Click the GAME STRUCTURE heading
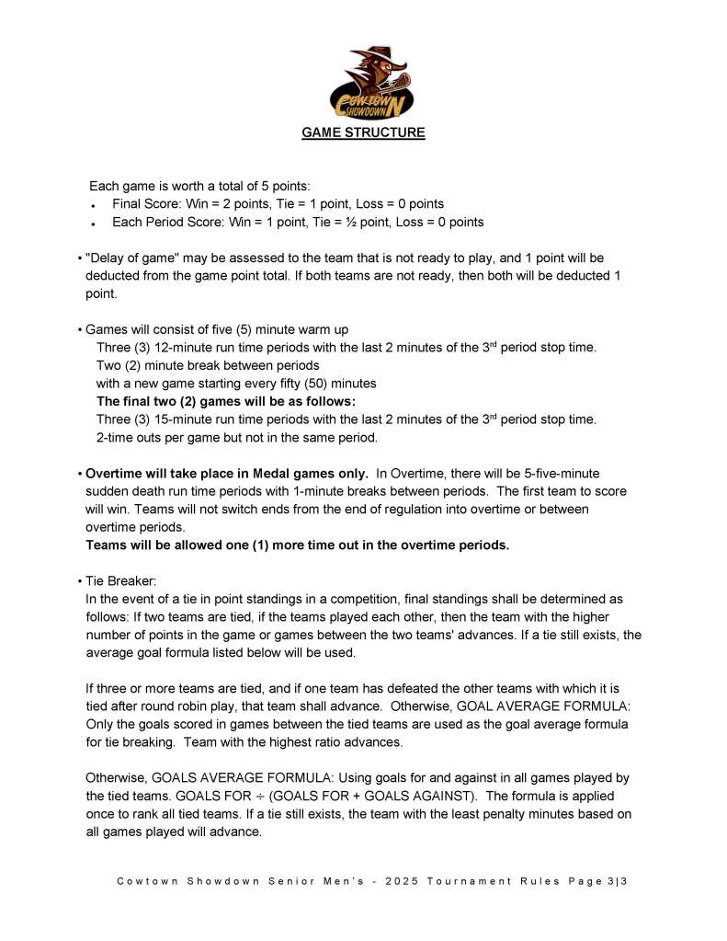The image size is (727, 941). click(x=364, y=132)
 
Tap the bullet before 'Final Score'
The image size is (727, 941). click(x=95, y=205)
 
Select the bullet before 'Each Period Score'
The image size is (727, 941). click(x=95, y=224)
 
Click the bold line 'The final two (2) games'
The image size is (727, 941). click(x=226, y=401)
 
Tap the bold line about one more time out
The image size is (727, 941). click(x=297, y=545)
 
